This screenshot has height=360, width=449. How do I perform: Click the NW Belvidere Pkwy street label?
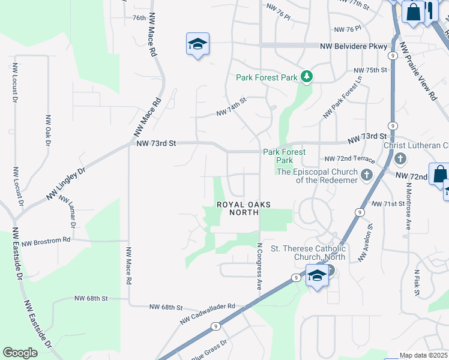pyautogui.click(x=354, y=46)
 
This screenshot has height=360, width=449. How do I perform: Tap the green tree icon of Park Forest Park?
pyautogui.click(x=307, y=76)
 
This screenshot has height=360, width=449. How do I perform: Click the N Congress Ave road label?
pyautogui.click(x=260, y=266)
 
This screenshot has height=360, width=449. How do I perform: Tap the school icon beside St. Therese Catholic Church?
pyautogui.click(x=316, y=275)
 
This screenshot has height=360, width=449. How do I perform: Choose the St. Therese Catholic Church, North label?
pyautogui.click(x=309, y=253)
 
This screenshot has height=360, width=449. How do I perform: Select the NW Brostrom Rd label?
pyautogui.click(x=46, y=240)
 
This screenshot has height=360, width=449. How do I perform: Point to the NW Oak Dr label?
pyautogui.click(x=47, y=130)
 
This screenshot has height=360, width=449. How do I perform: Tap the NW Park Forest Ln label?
pyautogui.click(x=343, y=96)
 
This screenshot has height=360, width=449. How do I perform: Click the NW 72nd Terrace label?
pyautogui.click(x=349, y=159)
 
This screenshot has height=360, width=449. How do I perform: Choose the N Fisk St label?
pyautogui.click(x=416, y=281)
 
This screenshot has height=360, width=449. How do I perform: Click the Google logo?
pyautogui.click(x=20, y=353)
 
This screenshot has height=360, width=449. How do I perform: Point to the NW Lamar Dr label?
pyautogui.click(x=68, y=213)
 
